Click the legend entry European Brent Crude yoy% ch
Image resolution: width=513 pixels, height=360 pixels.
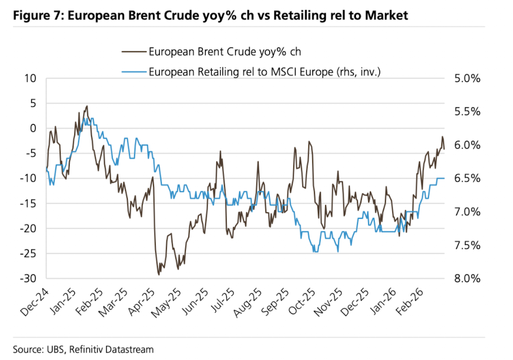(x=225, y=53)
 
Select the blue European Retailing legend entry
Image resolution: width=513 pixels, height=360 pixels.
(x=264, y=71)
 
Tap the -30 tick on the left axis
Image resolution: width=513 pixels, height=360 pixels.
(x=27, y=278)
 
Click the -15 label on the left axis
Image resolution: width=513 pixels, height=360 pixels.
(x=27, y=203)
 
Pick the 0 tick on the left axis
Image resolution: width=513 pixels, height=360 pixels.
(x=32, y=129)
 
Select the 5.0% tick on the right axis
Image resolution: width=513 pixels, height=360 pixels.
(x=467, y=79)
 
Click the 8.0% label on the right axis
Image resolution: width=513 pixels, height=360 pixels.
(x=467, y=279)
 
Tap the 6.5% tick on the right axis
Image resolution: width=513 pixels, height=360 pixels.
(x=467, y=179)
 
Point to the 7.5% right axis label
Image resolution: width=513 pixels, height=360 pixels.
(x=467, y=245)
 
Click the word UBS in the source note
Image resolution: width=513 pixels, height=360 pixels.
(x=55, y=349)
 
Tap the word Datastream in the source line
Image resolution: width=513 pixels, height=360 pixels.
(x=129, y=349)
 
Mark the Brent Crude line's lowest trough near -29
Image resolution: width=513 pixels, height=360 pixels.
(x=159, y=274)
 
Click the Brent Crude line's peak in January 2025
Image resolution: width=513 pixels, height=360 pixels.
(x=87, y=106)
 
